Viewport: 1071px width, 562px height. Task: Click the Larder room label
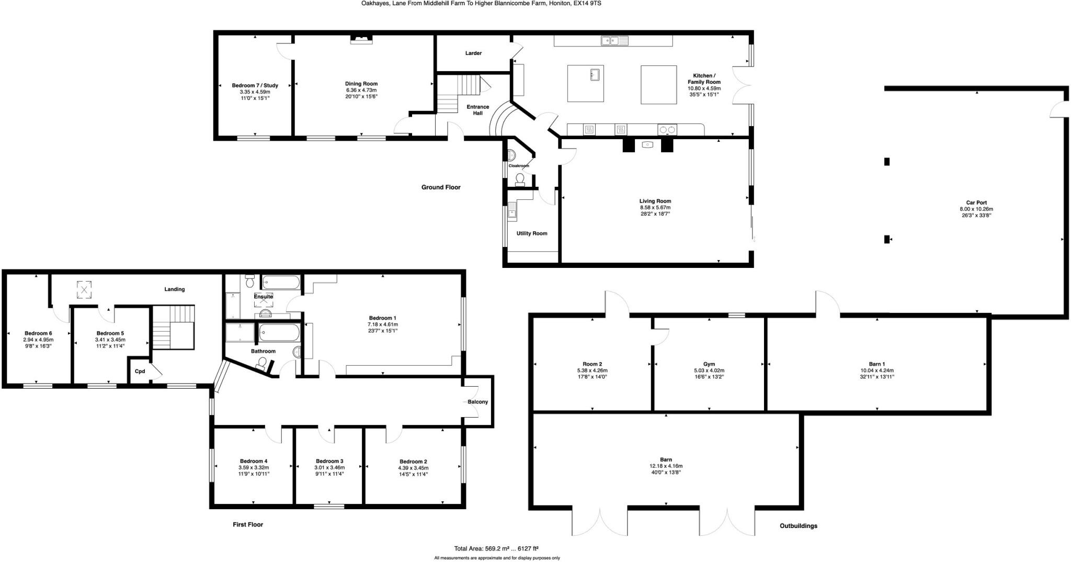(x=473, y=53)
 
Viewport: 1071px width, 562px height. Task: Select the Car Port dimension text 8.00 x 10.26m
(x=976, y=209)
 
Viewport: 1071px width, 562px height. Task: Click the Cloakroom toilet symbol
(x=520, y=179)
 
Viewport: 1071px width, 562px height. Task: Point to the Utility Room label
(x=532, y=233)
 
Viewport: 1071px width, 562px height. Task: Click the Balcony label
(x=477, y=402)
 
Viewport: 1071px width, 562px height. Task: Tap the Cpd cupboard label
(x=140, y=372)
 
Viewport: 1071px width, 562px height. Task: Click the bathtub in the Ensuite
(x=281, y=283)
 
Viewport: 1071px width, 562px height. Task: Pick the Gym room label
(x=709, y=364)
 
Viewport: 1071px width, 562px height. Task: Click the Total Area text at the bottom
(x=496, y=548)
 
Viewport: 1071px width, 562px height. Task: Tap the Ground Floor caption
(x=441, y=187)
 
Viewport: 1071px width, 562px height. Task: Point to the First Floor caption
(x=248, y=524)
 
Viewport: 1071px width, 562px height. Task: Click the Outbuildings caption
(x=798, y=526)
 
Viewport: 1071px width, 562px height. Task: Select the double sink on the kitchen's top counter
(x=614, y=40)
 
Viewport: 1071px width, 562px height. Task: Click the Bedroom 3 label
(x=329, y=462)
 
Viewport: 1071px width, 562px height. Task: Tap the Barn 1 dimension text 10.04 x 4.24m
(x=876, y=370)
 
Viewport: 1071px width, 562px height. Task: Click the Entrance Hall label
(x=477, y=110)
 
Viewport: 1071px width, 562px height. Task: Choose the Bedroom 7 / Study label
(x=255, y=85)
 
